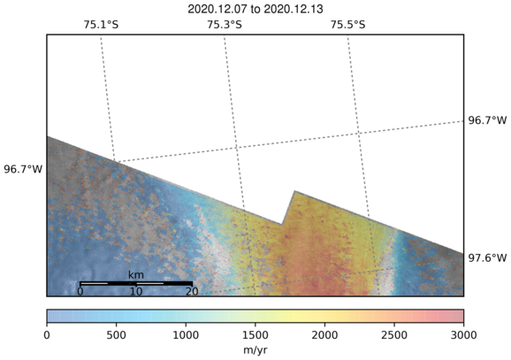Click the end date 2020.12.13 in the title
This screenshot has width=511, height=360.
pos(294,9)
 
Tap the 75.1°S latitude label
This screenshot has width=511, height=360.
pos(101,25)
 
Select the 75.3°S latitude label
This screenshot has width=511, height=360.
pos(225,25)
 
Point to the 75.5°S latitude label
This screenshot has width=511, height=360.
pos(348,25)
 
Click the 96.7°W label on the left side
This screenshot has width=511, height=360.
pos(23,169)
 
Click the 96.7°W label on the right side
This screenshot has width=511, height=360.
pos(487,120)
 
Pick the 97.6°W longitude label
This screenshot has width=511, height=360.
pos(487,258)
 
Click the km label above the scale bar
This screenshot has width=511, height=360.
pos(136,274)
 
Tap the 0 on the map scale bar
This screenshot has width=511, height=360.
pos(80,291)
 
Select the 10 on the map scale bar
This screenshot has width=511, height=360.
pos(136,291)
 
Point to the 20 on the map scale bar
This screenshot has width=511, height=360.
pos(192,291)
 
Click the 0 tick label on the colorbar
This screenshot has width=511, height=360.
pos(47,335)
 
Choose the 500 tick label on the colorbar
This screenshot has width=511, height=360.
pos(117,335)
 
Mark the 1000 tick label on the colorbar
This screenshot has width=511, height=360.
pos(186,335)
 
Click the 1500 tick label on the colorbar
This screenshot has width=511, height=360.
pos(255,335)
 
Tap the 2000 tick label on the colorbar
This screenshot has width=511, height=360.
pos(324,335)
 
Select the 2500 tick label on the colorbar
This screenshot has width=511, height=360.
pos(394,335)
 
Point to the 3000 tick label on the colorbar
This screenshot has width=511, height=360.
pos(463,335)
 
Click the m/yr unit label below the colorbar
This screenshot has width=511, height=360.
pos(255,350)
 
